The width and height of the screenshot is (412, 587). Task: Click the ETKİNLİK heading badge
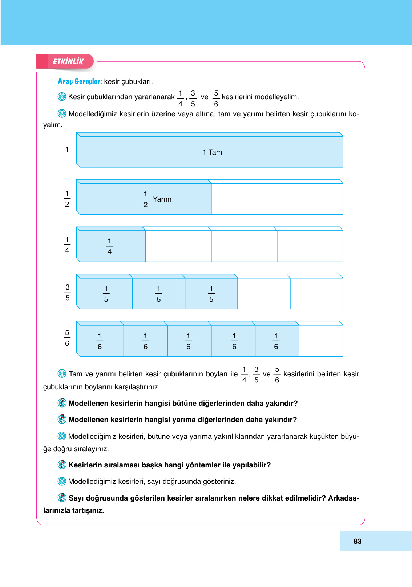pos(68,61)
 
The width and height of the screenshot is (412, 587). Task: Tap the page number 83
pos(357,541)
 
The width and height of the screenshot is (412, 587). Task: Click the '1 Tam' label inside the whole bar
pos(212,153)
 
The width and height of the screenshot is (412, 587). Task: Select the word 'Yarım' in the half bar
pos(162,199)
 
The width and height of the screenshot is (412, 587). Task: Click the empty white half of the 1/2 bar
pos(277,199)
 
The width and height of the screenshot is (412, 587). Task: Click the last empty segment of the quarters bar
pos(310,246)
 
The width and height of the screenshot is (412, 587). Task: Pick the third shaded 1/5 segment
pos(211,293)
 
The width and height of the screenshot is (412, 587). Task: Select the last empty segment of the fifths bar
pos(316,293)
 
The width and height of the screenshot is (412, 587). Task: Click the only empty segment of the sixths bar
pos(320,341)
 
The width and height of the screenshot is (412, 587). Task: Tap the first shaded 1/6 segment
pos(101,341)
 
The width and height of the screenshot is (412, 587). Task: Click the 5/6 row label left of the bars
pos(67,338)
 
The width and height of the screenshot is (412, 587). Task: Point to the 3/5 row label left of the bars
pos(68,292)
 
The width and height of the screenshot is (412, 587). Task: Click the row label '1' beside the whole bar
pos(67,149)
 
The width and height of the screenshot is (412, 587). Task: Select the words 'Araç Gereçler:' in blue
pos(80,81)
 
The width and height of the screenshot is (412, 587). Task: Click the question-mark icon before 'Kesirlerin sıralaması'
pos(62,465)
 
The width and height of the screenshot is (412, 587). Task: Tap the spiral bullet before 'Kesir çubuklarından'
pos(62,97)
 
